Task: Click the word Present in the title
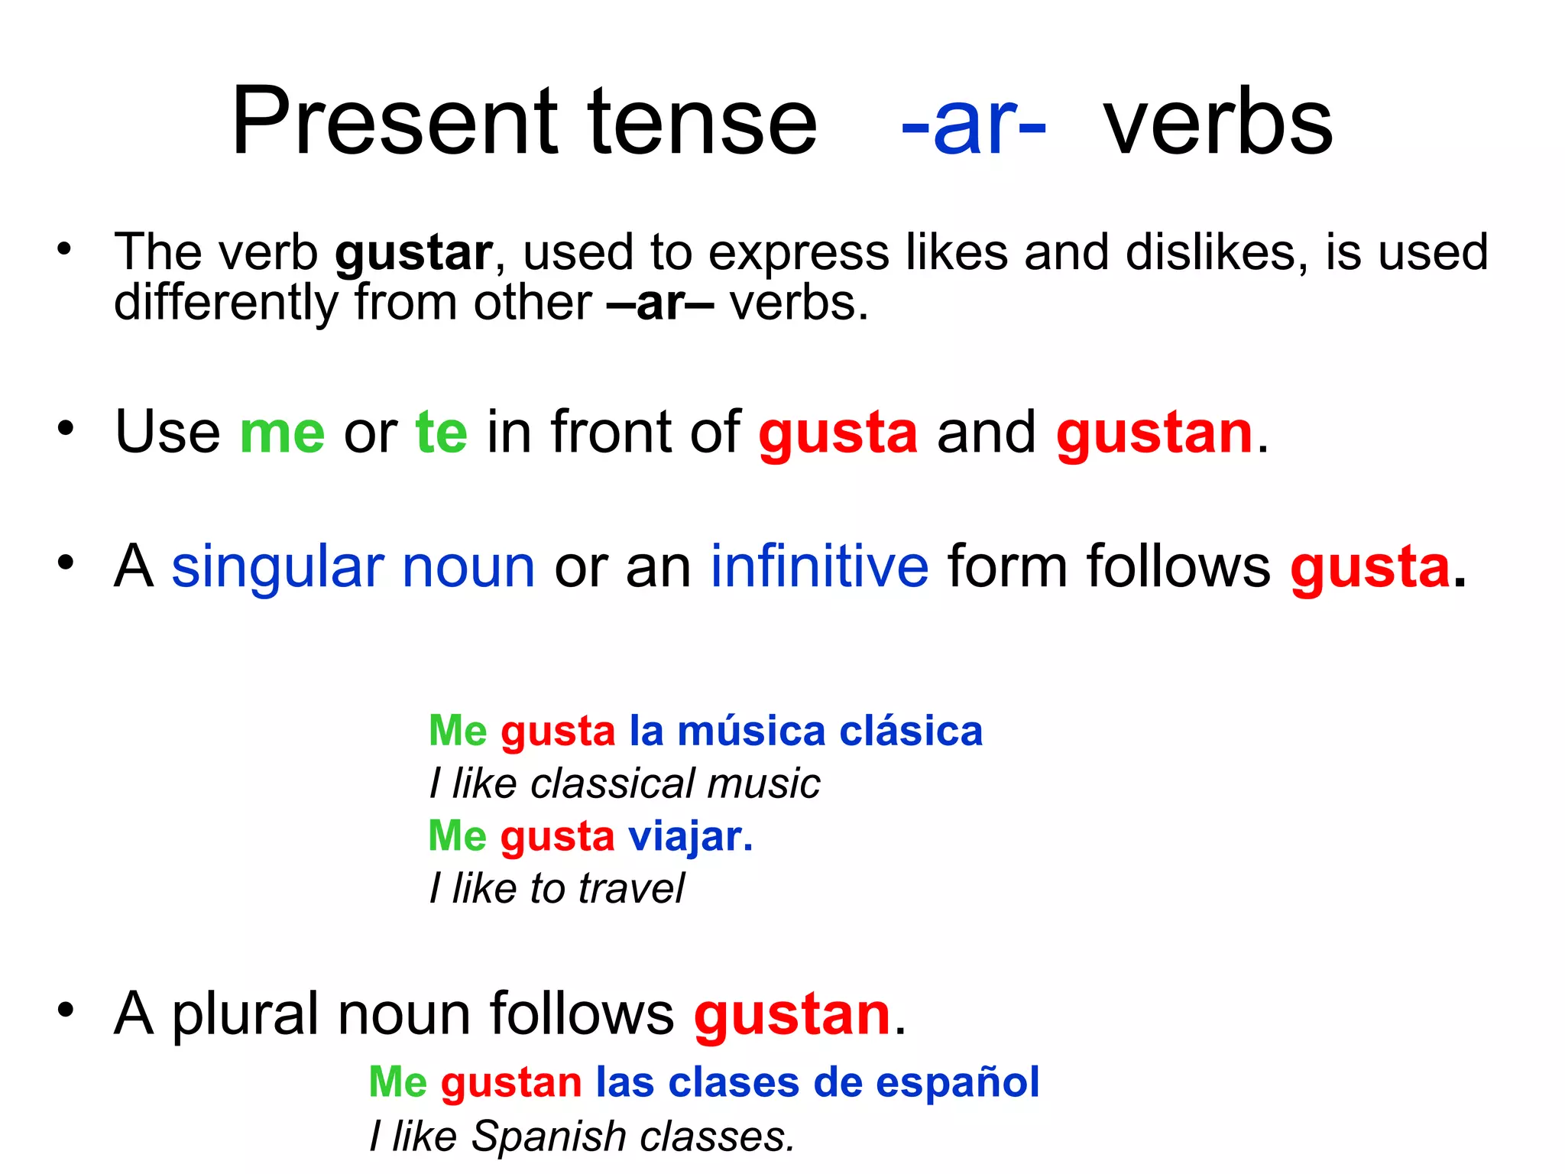coord(396,122)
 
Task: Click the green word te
coord(441,433)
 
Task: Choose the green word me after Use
coord(282,433)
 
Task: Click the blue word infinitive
coord(819,567)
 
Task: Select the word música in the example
coord(751,731)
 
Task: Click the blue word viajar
coord(690,837)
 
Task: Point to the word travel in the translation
coord(631,889)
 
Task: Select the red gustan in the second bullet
coord(1154,433)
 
